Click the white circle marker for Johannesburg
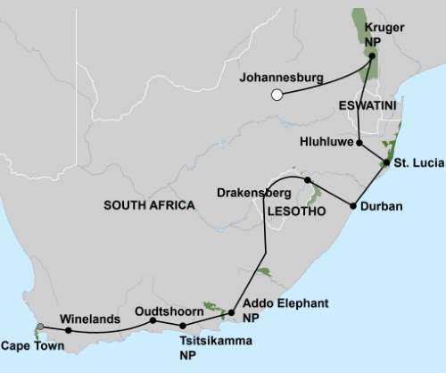tap(277, 94)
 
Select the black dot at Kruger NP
tap(373, 55)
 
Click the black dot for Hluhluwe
tap(359, 143)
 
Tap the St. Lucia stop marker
tap(386, 162)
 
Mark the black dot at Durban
tap(353, 206)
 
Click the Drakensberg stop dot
tap(308, 181)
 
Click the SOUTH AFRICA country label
tap(149, 204)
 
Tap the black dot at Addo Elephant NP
tap(232, 312)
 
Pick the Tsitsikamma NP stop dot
tap(183, 326)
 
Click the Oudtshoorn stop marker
tap(153, 320)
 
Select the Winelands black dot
tap(69, 330)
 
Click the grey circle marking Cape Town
tap(38, 326)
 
